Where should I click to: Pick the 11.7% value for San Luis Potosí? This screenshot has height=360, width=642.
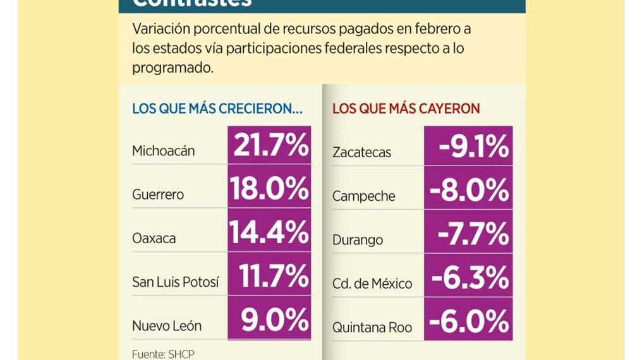(274, 276)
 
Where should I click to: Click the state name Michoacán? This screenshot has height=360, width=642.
(163, 151)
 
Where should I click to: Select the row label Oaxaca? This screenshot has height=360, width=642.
(154, 239)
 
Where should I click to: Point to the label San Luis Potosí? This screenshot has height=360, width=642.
(175, 282)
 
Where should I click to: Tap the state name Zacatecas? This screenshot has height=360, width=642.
(361, 152)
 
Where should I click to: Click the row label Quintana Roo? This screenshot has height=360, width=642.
(372, 327)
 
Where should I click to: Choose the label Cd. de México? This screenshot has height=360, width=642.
(372, 284)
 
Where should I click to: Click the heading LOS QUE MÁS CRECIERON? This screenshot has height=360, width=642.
(217, 109)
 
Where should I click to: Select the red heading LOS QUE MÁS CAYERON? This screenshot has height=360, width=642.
(406, 109)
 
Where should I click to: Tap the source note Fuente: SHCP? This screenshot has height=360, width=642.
(163, 354)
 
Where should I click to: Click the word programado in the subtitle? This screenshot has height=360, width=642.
(173, 68)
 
